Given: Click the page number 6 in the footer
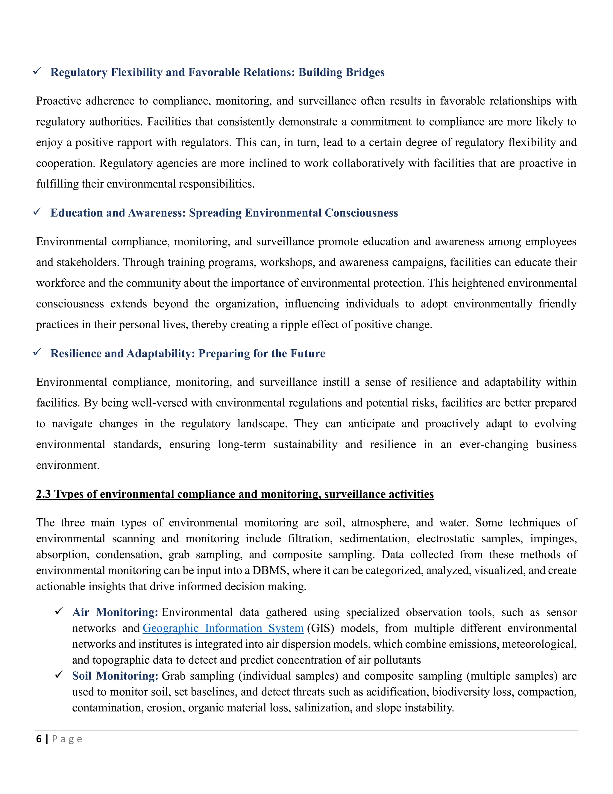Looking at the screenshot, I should [x=39, y=739].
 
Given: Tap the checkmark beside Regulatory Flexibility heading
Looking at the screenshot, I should [x=37, y=71].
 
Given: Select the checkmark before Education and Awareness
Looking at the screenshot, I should [x=37, y=212].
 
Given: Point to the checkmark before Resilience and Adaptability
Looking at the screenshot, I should [x=37, y=352].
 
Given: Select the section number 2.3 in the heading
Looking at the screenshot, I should [x=43, y=494].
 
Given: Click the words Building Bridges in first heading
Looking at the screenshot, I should [x=341, y=72].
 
